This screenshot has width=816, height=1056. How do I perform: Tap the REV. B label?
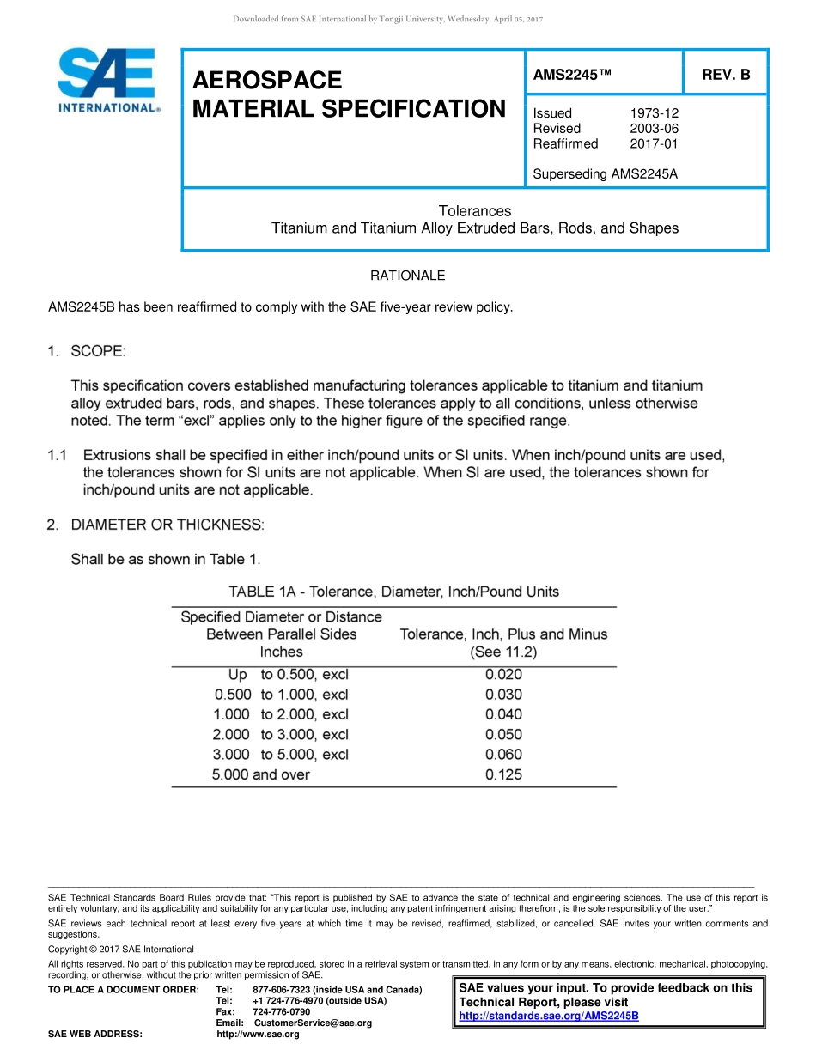click(726, 75)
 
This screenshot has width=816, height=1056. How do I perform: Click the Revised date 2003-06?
click(654, 129)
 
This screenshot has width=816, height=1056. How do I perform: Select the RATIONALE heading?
click(407, 276)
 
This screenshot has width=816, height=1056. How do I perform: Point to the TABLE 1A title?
click(393, 592)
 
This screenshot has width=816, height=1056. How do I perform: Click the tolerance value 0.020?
click(503, 675)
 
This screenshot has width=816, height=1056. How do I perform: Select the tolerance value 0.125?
click(503, 775)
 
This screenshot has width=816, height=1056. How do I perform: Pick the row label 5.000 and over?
click(261, 775)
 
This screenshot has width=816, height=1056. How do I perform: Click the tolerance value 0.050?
click(503, 735)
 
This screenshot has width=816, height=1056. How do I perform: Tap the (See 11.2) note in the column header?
click(503, 652)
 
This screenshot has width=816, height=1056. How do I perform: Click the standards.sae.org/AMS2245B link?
click(549, 1016)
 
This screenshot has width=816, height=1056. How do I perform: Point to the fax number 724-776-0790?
click(282, 1012)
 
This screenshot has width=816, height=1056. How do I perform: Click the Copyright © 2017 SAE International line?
click(121, 950)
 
